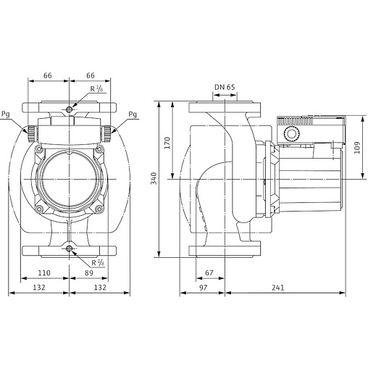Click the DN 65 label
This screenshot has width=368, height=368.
pos(225,88)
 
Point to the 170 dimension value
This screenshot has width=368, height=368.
pos(167,142)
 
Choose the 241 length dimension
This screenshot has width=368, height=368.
pos(278,288)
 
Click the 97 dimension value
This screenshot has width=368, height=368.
pos(202,288)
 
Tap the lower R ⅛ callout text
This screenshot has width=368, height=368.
pos(96,262)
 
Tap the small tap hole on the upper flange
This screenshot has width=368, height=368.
pos(69,109)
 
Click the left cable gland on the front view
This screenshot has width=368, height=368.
pos(30,133)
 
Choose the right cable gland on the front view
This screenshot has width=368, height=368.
pos(108,133)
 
